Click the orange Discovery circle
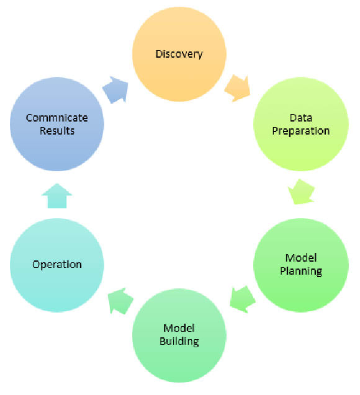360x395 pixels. point(179,54)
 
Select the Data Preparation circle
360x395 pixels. point(301,124)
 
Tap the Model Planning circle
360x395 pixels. point(301,265)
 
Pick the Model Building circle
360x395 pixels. point(179,335)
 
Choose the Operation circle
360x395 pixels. point(57,265)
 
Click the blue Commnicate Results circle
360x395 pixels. point(57,124)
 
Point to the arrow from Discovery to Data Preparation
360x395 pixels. point(238,88)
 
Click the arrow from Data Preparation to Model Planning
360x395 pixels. point(301,192)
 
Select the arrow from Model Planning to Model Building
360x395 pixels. point(243,300)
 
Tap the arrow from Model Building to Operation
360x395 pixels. point(120,301)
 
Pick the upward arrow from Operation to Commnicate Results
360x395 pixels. point(57,196)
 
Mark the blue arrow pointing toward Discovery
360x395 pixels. point(115,90)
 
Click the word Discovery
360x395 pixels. point(179,55)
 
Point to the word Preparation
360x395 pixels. point(301,131)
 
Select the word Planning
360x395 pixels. point(301,272)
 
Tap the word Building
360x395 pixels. point(179,342)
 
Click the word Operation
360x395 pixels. point(57,265)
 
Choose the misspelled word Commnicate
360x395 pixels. point(57,118)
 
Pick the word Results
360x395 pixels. point(57,131)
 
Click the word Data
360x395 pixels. point(301,118)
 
